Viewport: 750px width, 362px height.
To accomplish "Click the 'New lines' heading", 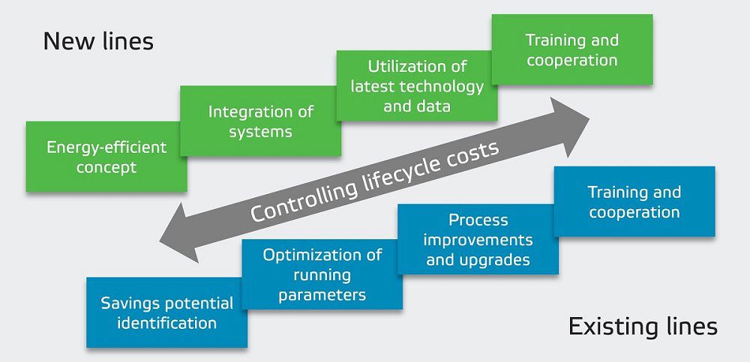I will point(98,40).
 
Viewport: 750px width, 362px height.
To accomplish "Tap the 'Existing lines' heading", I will point(643,326).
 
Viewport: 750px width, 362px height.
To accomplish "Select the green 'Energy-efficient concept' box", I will point(106,157).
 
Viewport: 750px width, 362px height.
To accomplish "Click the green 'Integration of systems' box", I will point(260,121).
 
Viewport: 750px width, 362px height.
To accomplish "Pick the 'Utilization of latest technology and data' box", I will point(417,85).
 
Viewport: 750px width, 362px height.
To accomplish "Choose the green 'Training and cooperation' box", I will point(571,49).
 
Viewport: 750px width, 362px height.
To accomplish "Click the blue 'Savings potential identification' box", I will point(166,313).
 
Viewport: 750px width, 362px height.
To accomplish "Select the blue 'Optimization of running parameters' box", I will point(322,274).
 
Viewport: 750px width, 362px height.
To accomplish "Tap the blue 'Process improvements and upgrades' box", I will point(478,240).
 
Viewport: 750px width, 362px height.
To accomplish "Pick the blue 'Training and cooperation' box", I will point(634,202).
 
